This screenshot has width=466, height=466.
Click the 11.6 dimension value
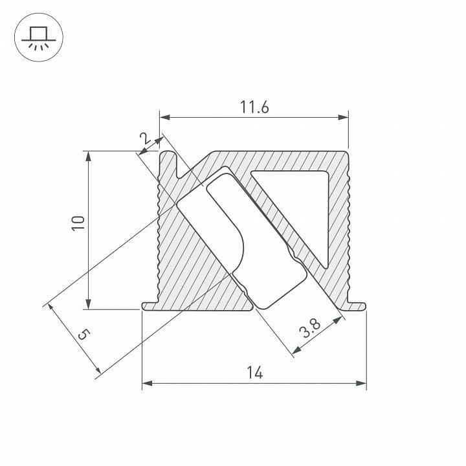[254, 107]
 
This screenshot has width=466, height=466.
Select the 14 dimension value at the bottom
[254, 372]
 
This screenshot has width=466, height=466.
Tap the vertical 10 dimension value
[78, 223]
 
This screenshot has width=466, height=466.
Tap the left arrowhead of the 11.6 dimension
[164, 118]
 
